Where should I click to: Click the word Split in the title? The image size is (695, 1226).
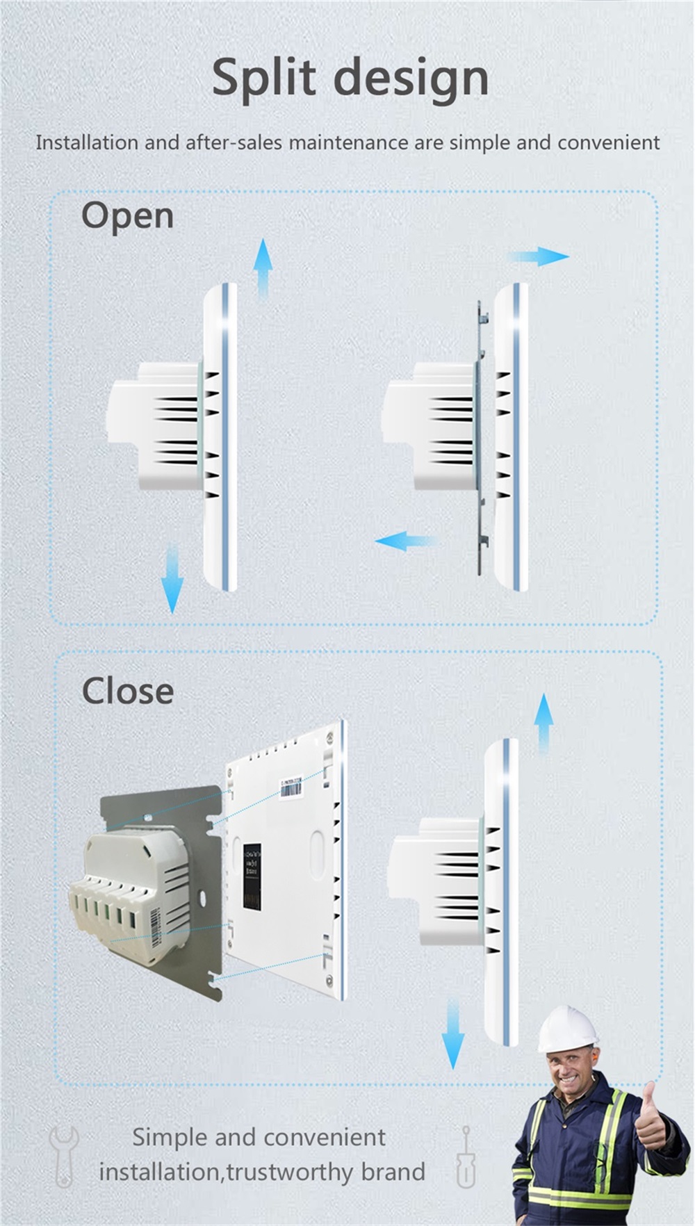(x=264, y=78)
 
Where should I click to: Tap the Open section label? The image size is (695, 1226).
(x=127, y=216)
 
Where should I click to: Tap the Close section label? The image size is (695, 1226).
(x=128, y=691)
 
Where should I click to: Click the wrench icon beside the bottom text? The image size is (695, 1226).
(x=64, y=1156)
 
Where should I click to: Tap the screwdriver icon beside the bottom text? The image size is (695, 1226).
(x=466, y=1157)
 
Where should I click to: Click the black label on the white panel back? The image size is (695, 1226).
(x=252, y=876)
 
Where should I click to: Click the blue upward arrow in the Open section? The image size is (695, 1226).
(x=263, y=268)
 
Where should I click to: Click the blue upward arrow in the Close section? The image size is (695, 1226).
(x=544, y=723)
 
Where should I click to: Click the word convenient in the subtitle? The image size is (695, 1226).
(x=608, y=142)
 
